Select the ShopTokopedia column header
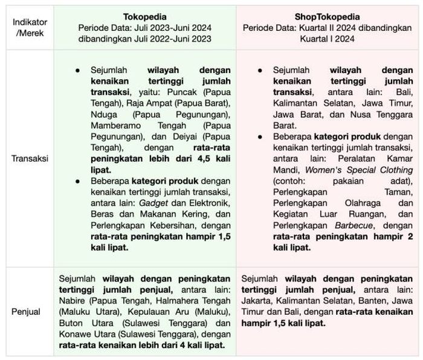point(328,16)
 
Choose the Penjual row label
point(26,312)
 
